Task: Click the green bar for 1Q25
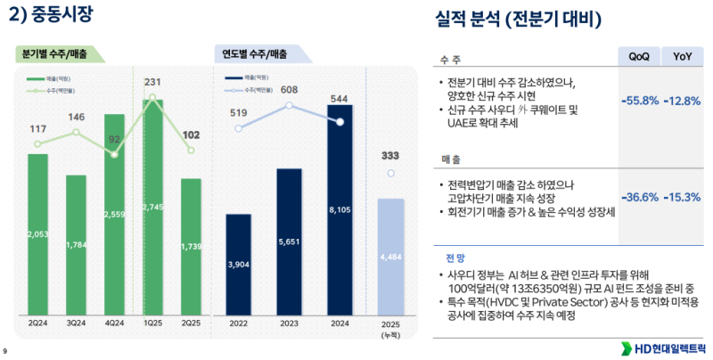[152, 206]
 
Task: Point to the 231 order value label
[152, 82]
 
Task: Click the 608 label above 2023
[289, 89]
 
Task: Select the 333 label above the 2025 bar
[390, 155]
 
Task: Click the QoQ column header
[638, 56]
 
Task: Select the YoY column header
[683, 56]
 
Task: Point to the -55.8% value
[639, 100]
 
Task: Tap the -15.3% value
[682, 197]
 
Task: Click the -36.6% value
[639, 197]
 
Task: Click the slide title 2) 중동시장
[50, 14]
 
